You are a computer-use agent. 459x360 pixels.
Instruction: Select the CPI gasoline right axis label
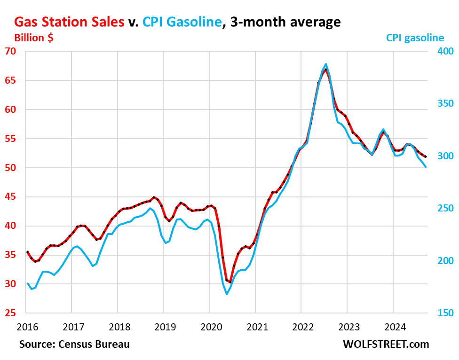pos(415,38)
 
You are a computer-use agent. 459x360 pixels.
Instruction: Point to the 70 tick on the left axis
pos(10,51)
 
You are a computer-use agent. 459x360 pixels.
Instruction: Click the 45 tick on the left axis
pos(10,197)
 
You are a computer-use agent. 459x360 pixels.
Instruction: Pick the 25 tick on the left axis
pos(10,313)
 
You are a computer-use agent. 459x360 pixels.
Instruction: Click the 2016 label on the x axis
pos(25,327)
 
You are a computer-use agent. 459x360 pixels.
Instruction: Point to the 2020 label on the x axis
pos(209,327)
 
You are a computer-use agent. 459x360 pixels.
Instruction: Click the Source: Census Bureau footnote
pos(74,344)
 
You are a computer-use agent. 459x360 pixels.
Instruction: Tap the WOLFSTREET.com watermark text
pos(386,344)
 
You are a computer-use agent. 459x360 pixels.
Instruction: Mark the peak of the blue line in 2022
pos(325,64)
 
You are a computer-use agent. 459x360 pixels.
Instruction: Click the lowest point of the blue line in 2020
pos(227,294)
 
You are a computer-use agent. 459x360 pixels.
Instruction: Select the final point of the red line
pos(426,157)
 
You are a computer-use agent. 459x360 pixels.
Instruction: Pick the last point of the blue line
pos(426,167)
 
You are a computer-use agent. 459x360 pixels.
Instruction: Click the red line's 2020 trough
pos(230,282)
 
